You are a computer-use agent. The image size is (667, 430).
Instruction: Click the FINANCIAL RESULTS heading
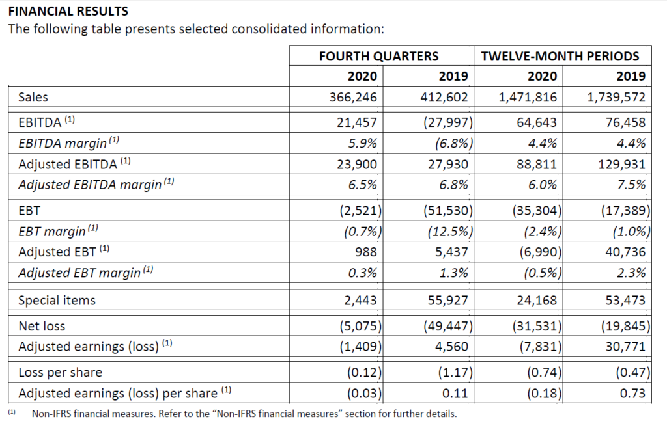click(x=68, y=11)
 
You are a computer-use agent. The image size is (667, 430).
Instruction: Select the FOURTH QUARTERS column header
click(x=378, y=56)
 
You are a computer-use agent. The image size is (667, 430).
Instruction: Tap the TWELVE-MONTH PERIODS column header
click(x=560, y=56)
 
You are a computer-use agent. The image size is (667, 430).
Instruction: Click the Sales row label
click(x=33, y=98)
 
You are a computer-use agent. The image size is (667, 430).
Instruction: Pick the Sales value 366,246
click(x=353, y=98)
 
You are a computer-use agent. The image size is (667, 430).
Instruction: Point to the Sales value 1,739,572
click(x=616, y=98)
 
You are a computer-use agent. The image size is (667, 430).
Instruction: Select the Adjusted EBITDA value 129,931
click(x=622, y=164)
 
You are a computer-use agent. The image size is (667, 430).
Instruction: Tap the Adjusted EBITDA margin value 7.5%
click(x=631, y=185)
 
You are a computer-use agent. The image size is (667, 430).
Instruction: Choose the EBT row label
click(x=29, y=211)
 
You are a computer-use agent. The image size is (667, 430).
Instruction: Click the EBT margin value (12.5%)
click(x=450, y=231)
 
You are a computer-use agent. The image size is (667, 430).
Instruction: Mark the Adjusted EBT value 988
click(x=366, y=252)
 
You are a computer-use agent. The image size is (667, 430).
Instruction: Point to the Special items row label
click(x=57, y=301)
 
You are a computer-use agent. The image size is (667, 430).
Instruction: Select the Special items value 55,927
click(x=447, y=301)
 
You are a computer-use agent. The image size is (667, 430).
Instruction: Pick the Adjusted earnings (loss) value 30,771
click(x=625, y=347)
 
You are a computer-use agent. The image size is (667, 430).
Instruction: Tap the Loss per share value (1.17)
click(x=455, y=373)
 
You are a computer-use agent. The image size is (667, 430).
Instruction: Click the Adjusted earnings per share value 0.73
click(x=632, y=393)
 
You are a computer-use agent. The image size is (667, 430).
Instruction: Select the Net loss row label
click(x=42, y=326)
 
